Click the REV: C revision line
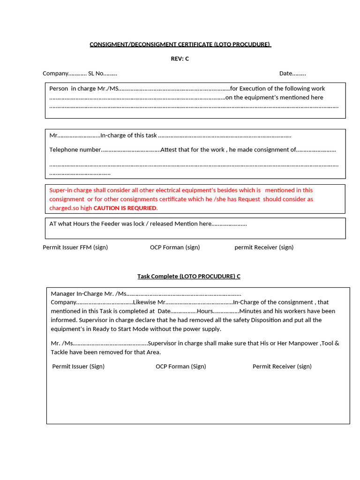tap(180, 59)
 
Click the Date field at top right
tap(292, 73)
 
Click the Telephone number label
tap(75, 150)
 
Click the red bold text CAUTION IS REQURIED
tap(125, 208)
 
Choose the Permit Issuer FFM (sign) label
tap(75, 247)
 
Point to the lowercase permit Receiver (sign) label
tap(264, 247)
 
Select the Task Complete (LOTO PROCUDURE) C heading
tap(188, 276)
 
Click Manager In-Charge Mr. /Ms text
tap(89, 293)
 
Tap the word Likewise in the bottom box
tap(145, 302)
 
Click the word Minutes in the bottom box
tap(251, 311)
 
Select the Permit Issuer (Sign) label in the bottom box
tap(78, 366)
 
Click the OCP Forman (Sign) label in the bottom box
tap(180, 366)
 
